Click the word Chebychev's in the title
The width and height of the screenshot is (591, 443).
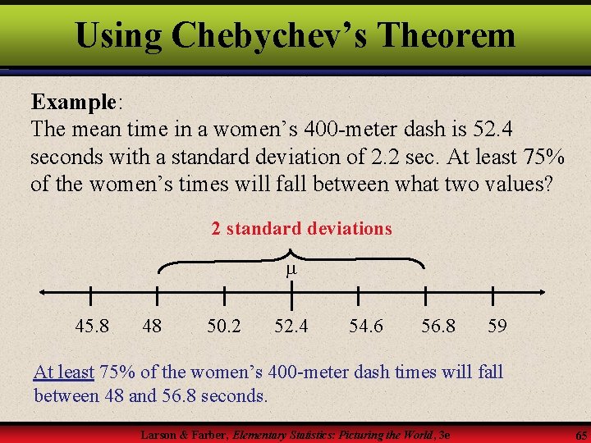[x=268, y=35]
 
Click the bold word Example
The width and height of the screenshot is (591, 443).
[x=74, y=103]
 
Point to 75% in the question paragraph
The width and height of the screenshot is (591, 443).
[x=543, y=156]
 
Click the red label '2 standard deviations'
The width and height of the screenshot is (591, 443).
[x=301, y=229]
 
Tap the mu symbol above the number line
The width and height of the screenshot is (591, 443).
[x=290, y=269]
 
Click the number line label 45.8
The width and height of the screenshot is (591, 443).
[x=91, y=327]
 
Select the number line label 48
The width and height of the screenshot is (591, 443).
[x=152, y=327]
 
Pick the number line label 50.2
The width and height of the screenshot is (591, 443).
[x=224, y=327]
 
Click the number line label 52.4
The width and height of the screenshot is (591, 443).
[x=291, y=327]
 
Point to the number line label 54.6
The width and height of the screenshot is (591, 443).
[x=365, y=327]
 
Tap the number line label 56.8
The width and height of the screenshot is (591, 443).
[x=438, y=327]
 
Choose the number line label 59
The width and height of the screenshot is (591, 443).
[x=497, y=327]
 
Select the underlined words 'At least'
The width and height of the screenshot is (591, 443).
[x=64, y=372]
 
